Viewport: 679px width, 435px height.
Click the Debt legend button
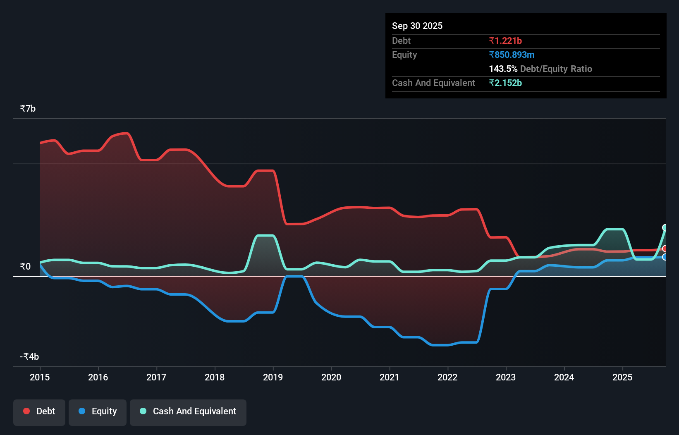[39, 412]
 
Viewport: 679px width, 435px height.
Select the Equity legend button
[98, 412]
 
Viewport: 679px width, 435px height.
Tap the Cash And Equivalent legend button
[188, 412]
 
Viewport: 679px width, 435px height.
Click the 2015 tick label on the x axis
[40, 377]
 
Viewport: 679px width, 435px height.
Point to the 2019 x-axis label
[273, 377]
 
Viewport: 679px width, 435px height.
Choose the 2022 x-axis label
[447, 377]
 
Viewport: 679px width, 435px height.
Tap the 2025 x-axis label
[622, 377]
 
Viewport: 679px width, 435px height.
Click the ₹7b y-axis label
[28, 108]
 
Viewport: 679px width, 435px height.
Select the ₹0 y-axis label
[25, 266]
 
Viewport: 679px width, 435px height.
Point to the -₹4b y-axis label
[29, 356]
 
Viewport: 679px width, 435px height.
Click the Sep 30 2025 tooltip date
[417, 26]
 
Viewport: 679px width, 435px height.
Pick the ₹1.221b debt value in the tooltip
[505, 41]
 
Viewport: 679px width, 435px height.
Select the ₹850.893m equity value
[512, 55]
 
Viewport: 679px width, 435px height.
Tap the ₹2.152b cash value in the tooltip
[505, 83]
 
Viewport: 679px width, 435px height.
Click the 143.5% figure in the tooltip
[503, 69]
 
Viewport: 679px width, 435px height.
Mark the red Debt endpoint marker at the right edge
[665, 249]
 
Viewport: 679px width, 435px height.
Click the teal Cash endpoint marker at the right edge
[665, 227]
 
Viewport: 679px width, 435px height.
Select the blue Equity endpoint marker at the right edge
[665, 257]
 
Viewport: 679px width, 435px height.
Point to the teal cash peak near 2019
[265, 236]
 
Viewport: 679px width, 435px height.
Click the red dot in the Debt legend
[26, 411]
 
